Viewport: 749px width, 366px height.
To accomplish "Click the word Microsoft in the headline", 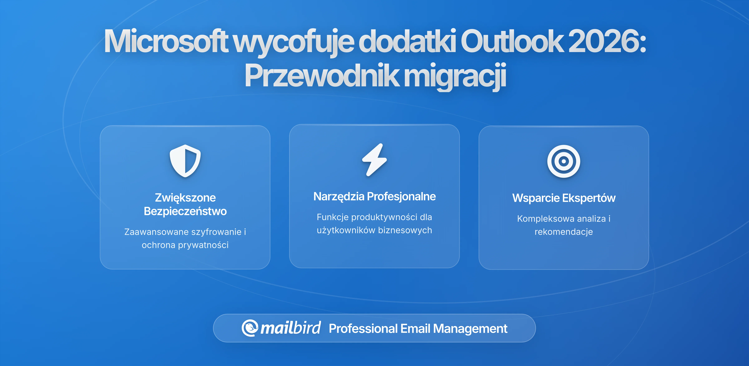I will [x=166, y=41].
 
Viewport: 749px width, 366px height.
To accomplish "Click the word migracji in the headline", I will [x=455, y=76].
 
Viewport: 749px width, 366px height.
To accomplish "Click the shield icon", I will [x=185, y=161].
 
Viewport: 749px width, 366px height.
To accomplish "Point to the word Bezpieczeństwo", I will [x=185, y=211].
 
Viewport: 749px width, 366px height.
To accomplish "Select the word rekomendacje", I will [x=563, y=232].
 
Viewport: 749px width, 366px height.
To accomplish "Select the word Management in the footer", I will [x=470, y=329].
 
